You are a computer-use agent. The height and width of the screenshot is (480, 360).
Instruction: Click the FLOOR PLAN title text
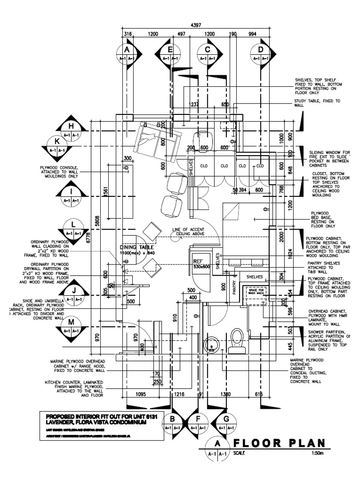pos(280,443)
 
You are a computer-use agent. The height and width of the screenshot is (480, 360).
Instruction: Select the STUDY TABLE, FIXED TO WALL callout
pos(317,103)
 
